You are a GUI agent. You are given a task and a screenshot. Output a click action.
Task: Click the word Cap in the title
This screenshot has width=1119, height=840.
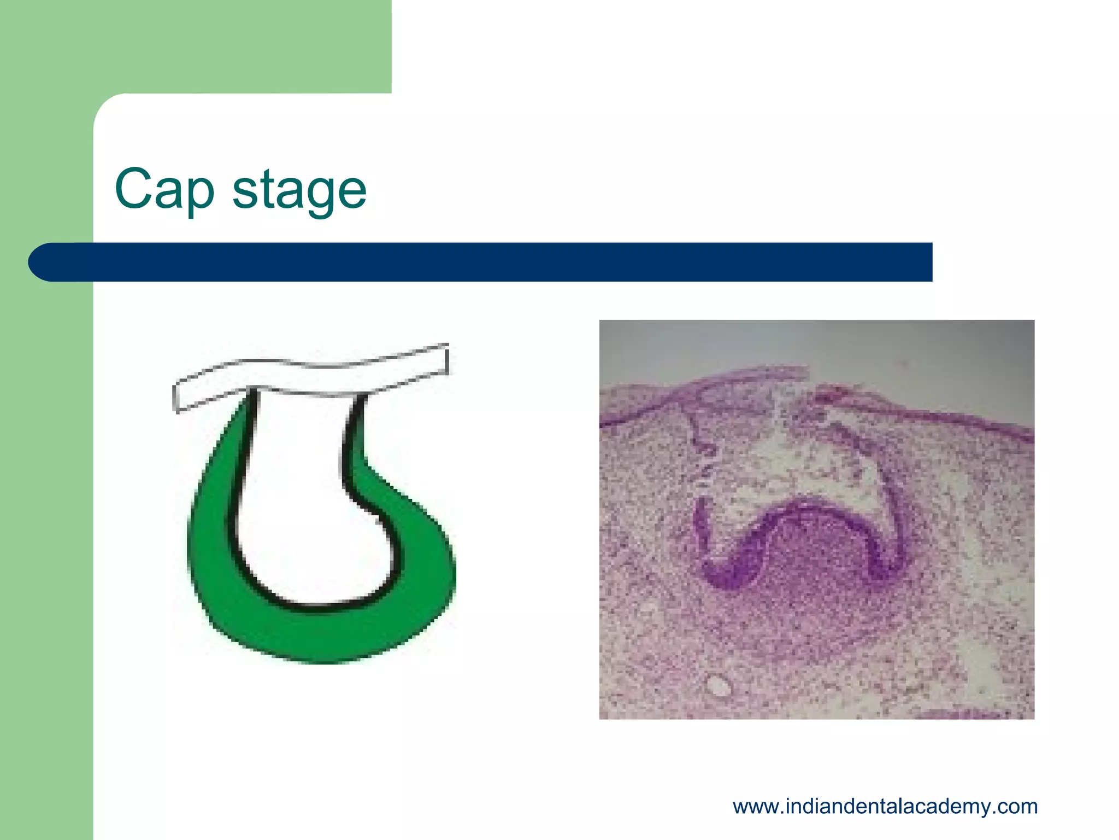164,190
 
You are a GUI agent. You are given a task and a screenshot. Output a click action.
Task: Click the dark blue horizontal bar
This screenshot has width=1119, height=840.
492,262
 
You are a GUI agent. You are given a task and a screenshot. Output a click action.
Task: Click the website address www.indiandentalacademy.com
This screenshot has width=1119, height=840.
885,806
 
